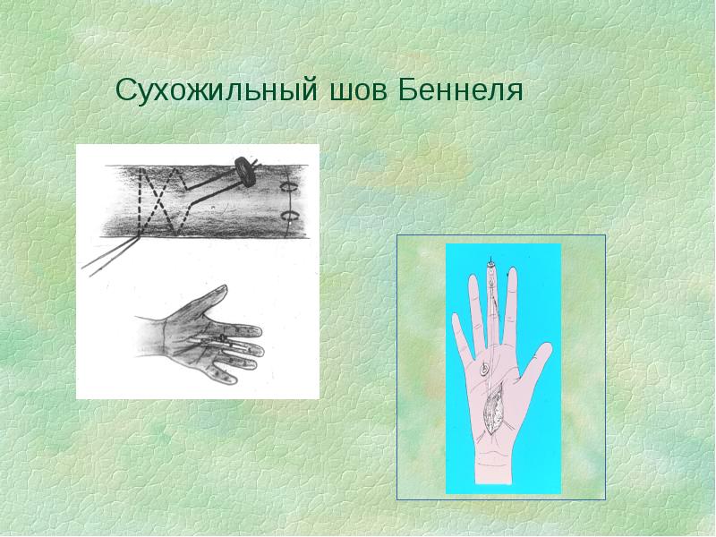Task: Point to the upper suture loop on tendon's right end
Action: (288, 187)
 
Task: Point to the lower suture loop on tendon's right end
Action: (288, 216)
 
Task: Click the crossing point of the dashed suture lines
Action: (158, 199)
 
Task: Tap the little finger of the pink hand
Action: (460, 337)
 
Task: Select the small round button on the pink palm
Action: (484, 368)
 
